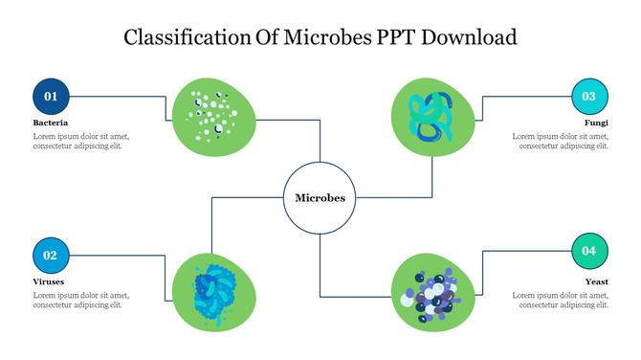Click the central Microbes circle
pyautogui.click(x=320, y=198)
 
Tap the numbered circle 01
pyautogui.click(x=51, y=96)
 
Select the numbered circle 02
pyautogui.click(x=51, y=255)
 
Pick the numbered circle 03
pyautogui.click(x=589, y=96)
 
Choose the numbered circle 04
pyautogui.click(x=589, y=251)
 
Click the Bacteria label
pyautogui.click(x=51, y=124)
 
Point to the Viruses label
pyautogui.click(x=50, y=282)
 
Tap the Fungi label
pyautogui.click(x=597, y=124)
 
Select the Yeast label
pyautogui.click(x=597, y=282)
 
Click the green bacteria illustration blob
pyautogui.click(x=213, y=117)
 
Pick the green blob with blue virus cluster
pyautogui.click(x=214, y=289)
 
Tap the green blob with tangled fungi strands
pyautogui.click(x=433, y=117)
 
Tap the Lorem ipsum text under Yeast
pyautogui.click(x=561, y=301)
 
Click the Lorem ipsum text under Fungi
pyautogui.click(x=561, y=142)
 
